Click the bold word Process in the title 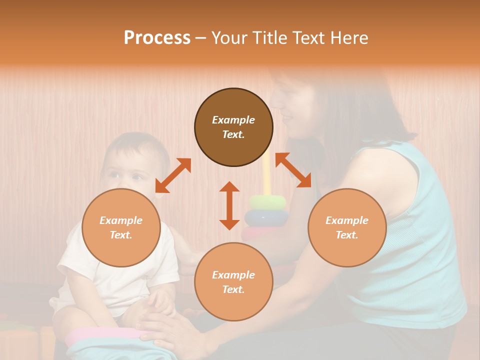pyautogui.click(x=157, y=38)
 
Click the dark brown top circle pyautogui.click(x=233, y=127)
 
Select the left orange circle pyautogui.click(x=121, y=227)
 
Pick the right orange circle pyautogui.click(x=347, y=227)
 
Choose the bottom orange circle pyautogui.click(x=233, y=282)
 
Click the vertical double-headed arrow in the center pyautogui.click(x=229, y=205)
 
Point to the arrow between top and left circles pyautogui.click(x=173, y=175)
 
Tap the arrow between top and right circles pyautogui.click(x=293, y=170)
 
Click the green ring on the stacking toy pyautogui.click(x=268, y=202)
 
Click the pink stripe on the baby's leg pyautogui.click(x=100, y=333)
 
